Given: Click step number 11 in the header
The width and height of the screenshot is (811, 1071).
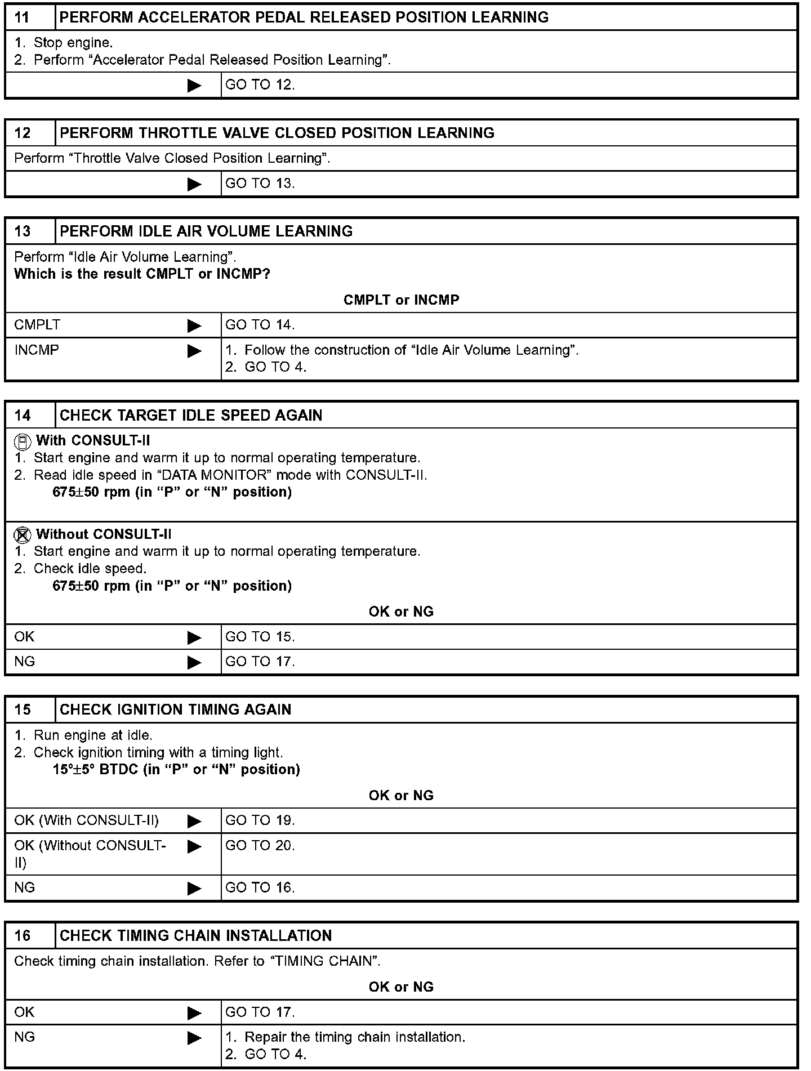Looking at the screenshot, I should [x=22, y=17].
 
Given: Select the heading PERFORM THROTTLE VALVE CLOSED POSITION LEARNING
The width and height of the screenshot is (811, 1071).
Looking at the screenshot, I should [x=277, y=133].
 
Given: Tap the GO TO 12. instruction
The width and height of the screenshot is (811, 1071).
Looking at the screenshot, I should [x=260, y=85].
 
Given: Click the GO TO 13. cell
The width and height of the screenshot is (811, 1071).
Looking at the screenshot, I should [x=260, y=184].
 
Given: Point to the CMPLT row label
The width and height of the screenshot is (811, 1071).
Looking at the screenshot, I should [x=37, y=325].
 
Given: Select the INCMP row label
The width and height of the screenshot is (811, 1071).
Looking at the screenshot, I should [x=37, y=350].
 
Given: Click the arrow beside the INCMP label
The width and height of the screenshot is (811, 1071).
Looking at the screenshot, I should [x=194, y=351].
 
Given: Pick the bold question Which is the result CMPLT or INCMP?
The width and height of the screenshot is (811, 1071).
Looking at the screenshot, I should [x=142, y=274].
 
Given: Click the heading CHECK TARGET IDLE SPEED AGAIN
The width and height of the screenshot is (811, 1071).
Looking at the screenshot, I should [x=191, y=416].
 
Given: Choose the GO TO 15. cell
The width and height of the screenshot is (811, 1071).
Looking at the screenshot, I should [x=260, y=637].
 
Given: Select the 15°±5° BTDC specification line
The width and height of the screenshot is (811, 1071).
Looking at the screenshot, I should [x=176, y=770].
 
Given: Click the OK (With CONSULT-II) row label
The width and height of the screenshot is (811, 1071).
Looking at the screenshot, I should [x=86, y=820].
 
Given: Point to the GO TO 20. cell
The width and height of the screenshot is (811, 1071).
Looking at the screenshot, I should [x=260, y=846].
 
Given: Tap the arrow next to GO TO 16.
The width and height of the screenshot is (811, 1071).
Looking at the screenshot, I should [x=194, y=889].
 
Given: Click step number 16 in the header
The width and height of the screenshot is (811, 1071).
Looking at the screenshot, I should [x=23, y=936].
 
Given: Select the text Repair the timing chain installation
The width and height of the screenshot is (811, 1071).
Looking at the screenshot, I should [x=355, y=1037].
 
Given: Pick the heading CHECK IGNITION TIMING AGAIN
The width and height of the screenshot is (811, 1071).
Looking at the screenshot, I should [x=175, y=709].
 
